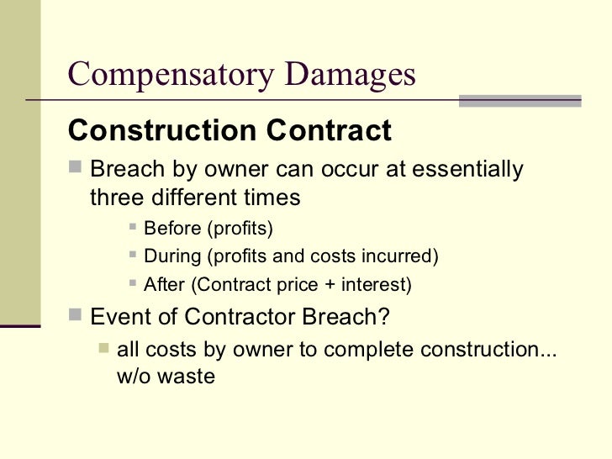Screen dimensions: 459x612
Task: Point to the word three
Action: click(x=116, y=198)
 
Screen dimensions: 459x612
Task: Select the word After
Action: click(x=165, y=284)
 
